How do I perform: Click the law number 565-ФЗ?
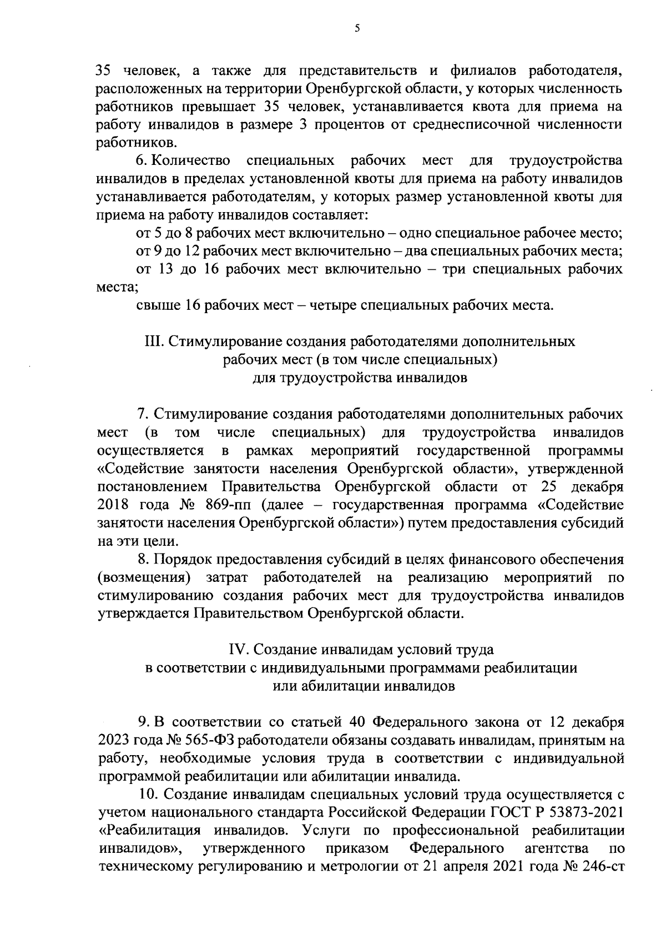coord(207,741)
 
